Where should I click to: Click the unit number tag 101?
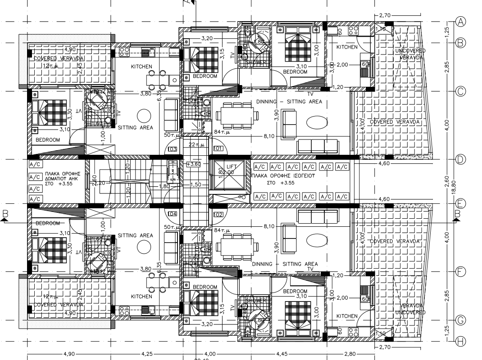pyautogui.click(x=218, y=148)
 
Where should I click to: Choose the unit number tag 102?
pyautogui.click(x=218, y=214)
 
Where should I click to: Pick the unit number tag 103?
pyautogui.click(x=172, y=148)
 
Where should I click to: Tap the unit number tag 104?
pyautogui.click(x=172, y=214)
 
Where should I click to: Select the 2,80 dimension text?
pyautogui.click(x=352, y=354)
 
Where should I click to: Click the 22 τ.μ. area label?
pyautogui.click(x=196, y=144)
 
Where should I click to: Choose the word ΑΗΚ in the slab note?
pyautogui.click(x=74, y=178)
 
